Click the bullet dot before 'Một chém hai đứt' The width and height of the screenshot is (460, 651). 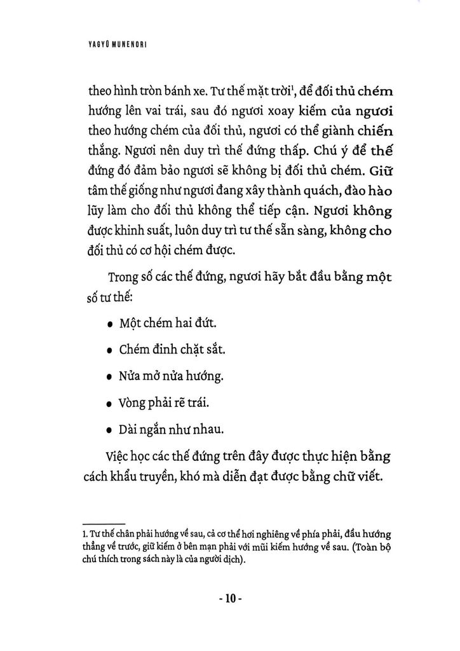[110, 324]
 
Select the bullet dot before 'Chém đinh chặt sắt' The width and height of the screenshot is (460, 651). [110, 351]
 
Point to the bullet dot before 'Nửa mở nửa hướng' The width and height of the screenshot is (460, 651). [110, 377]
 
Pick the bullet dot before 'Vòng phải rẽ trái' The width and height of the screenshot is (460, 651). [110, 404]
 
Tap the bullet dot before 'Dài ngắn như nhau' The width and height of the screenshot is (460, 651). [110, 430]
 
